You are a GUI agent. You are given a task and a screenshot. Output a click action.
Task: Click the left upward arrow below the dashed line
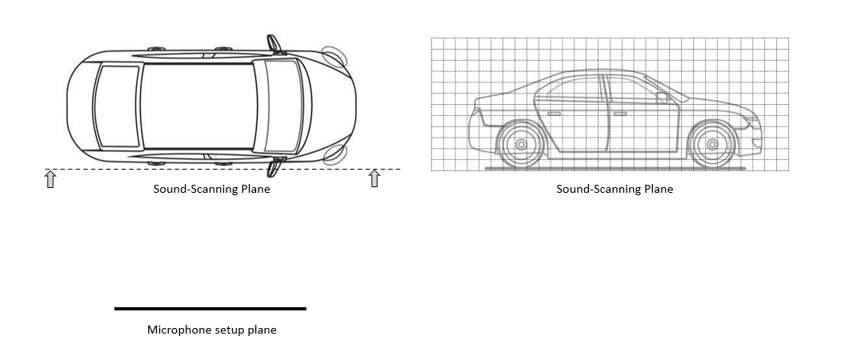(x=50, y=179)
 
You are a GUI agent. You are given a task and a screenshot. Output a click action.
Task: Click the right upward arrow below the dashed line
(x=374, y=178)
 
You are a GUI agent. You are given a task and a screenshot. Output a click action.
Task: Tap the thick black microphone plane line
(x=210, y=309)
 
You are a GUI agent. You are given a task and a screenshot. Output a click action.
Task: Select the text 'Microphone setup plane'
(x=212, y=330)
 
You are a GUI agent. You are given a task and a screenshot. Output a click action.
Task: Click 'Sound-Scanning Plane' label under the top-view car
(x=212, y=189)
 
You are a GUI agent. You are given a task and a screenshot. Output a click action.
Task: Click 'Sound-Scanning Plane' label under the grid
(x=615, y=189)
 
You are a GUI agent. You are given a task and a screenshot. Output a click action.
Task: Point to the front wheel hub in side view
(x=712, y=145)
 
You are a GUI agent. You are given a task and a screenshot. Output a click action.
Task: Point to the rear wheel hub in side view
(x=521, y=145)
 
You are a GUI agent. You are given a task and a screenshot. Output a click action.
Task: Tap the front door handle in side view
(x=620, y=114)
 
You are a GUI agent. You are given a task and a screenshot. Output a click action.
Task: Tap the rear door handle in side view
(x=554, y=114)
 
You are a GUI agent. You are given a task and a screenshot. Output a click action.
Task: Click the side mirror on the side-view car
(x=663, y=98)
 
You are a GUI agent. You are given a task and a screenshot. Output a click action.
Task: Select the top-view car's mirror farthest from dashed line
(x=274, y=45)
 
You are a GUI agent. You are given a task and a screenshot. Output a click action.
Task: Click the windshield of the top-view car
(x=282, y=106)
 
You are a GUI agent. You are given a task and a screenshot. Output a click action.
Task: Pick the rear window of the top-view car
(x=117, y=106)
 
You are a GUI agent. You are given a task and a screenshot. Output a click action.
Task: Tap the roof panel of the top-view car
(x=199, y=106)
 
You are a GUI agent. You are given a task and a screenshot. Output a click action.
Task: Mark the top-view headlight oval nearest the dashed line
(x=334, y=154)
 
